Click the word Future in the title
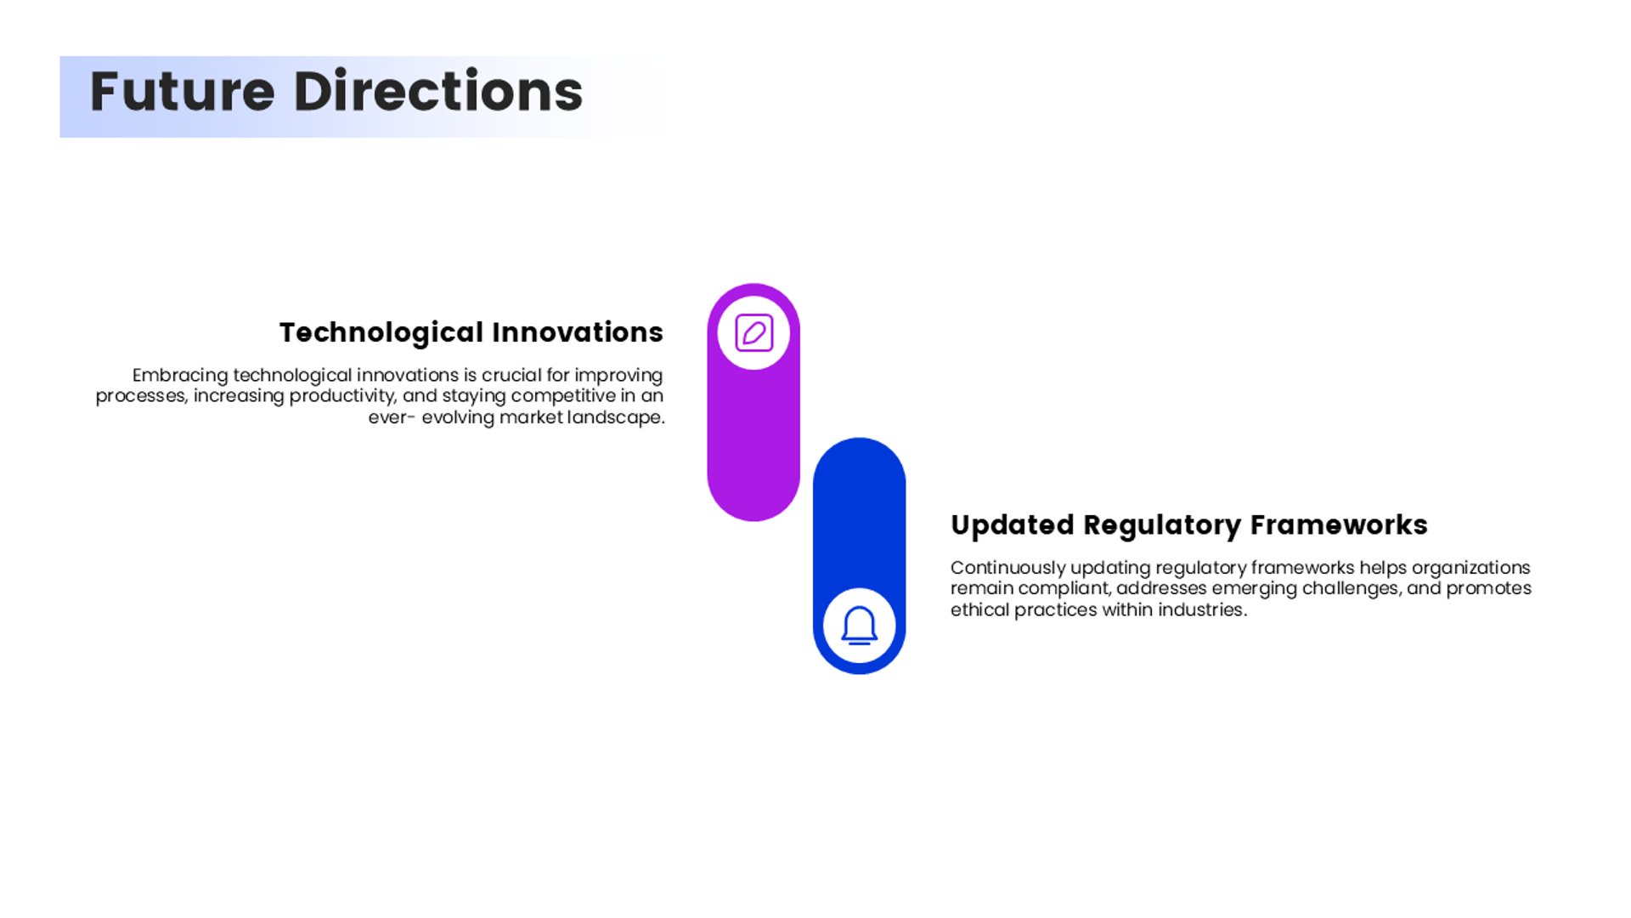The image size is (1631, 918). click(x=183, y=92)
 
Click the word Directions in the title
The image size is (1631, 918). click(x=438, y=91)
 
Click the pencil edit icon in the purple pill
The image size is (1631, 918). click(x=753, y=332)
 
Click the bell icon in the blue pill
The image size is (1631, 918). click(x=859, y=626)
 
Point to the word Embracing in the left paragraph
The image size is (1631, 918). click(x=180, y=376)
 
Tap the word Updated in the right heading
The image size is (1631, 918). click(x=1013, y=525)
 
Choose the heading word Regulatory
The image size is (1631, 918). click(x=1162, y=525)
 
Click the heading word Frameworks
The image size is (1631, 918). click(x=1339, y=525)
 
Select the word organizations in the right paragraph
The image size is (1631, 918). click(x=1471, y=568)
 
